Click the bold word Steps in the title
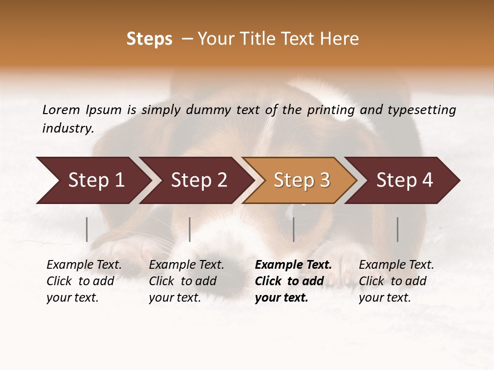(x=149, y=39)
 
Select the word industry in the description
(x=67, y=128)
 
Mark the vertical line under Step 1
(x=87, y=229)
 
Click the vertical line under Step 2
(x=190, y=229)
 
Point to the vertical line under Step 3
(x=293, y=229)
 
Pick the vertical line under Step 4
(x=397, y=229)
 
